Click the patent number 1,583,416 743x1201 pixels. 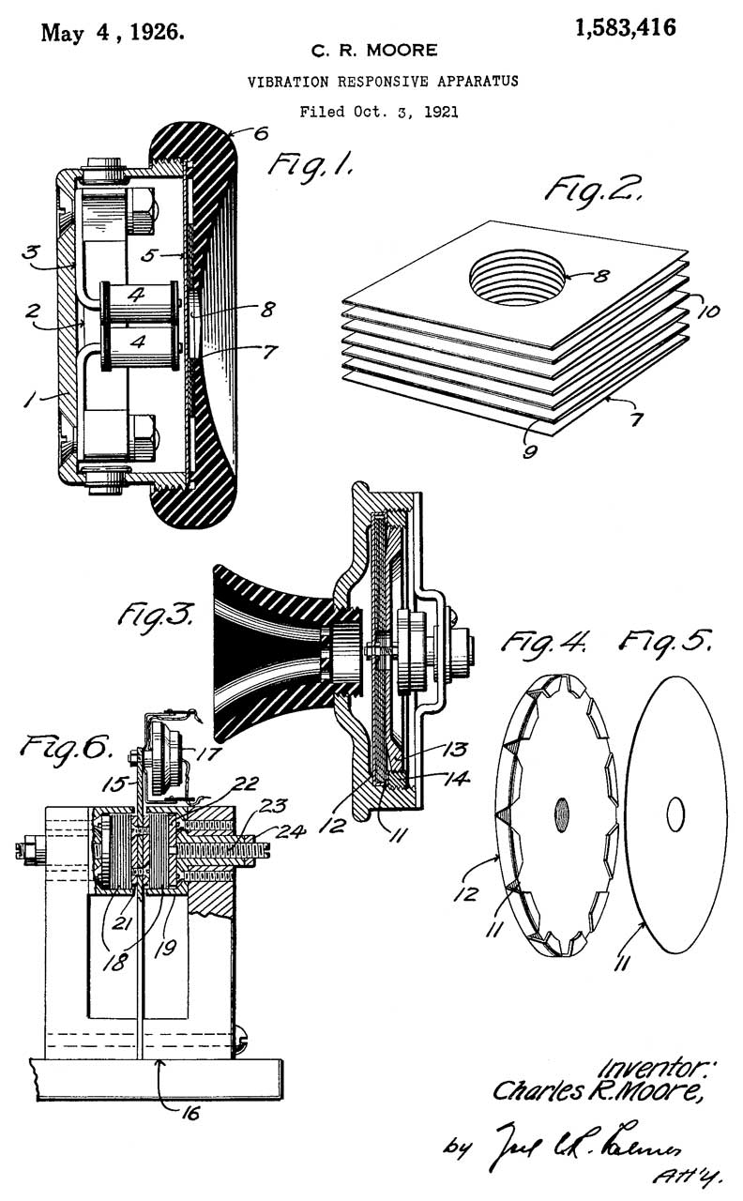[x=626, y=28]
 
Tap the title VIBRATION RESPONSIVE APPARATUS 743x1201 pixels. [x=383, y=82]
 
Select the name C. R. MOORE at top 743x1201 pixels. [x=374, y=50]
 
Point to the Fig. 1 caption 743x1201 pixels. [x=312, y=166]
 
